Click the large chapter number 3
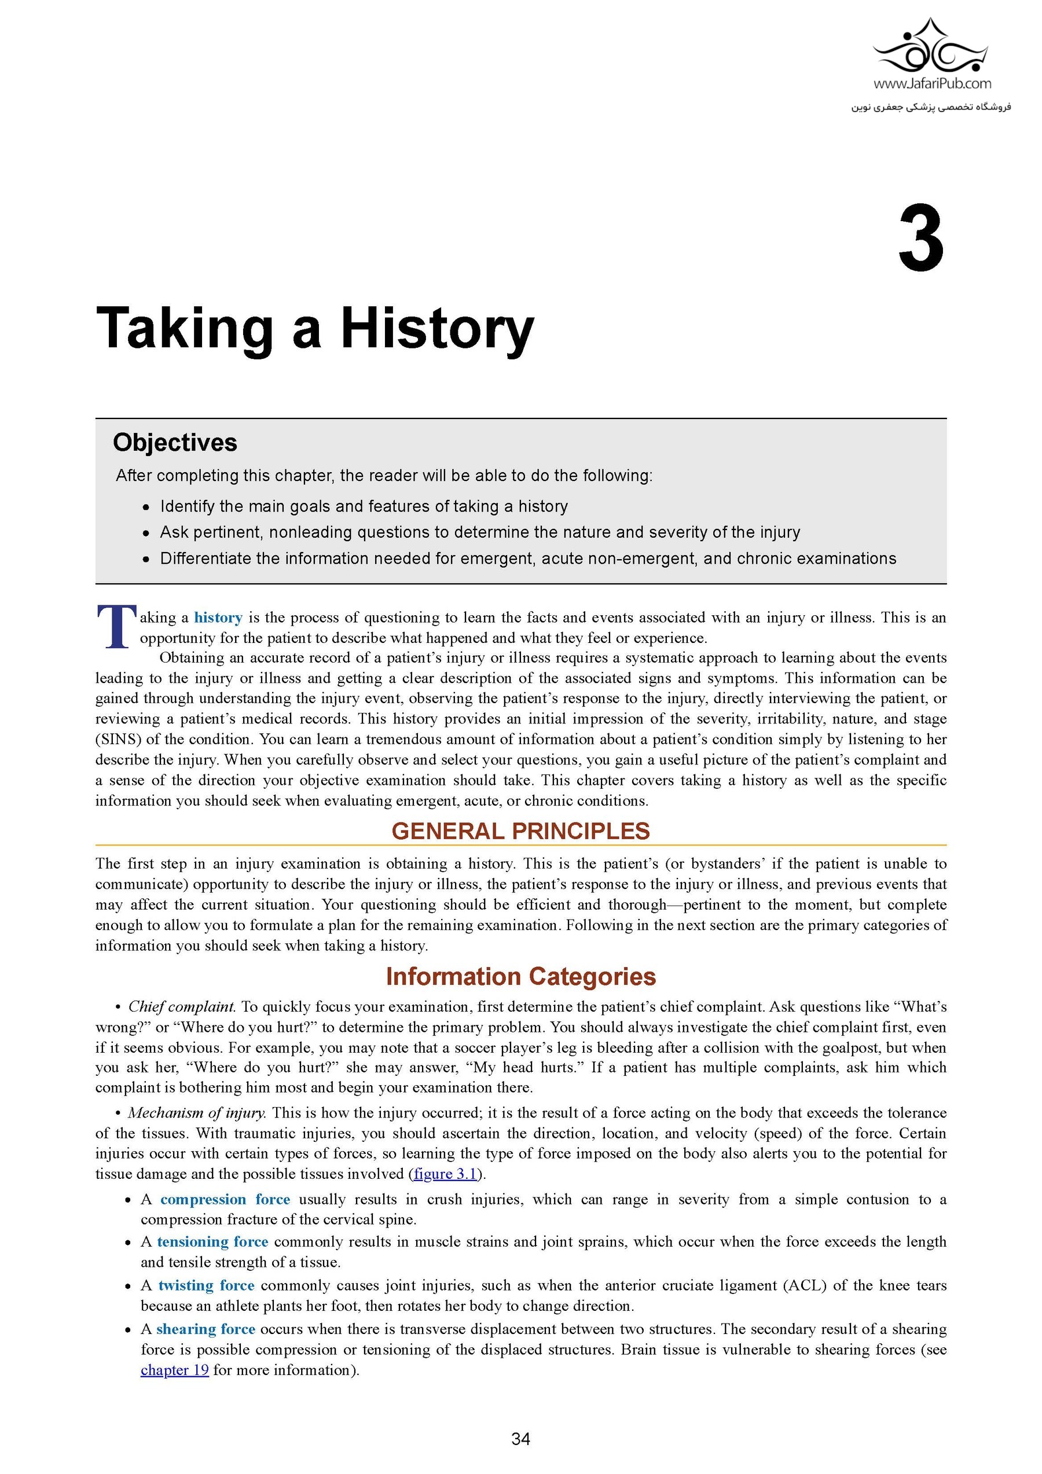tap(920, 239)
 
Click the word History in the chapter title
tap(436, 329)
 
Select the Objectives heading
tap(175, 442)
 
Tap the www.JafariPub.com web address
tap(931, 83)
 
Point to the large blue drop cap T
tap(116, 626)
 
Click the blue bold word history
tap(218, 617)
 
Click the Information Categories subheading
tap(520, 976)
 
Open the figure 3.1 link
tap(446, 1174)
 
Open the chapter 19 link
tap(175, 1370)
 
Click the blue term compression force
tap(225, 1199)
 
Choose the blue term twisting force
tap(206, 1285)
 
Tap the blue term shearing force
tap(206, 1329)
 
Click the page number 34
tap(520, 1439)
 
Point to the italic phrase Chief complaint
tap(182, 1006)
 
